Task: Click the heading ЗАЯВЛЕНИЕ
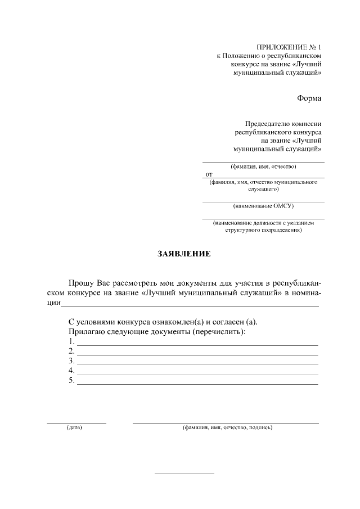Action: [x=183, y=254]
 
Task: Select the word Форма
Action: [x=309, y=98]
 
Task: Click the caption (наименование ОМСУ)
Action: [x=263, y=206]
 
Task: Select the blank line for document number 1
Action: [x=197, y=344]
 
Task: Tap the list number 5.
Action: [x=71, y=381]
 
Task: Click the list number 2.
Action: [x=71, y=351]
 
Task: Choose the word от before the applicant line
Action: [x=209, y=174]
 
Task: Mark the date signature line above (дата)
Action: [x=76, y=422]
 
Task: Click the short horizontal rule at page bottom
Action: [x=184, y=473]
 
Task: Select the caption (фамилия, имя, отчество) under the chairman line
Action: [x=263, y=166]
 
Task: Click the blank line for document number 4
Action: [x=197, y=373]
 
